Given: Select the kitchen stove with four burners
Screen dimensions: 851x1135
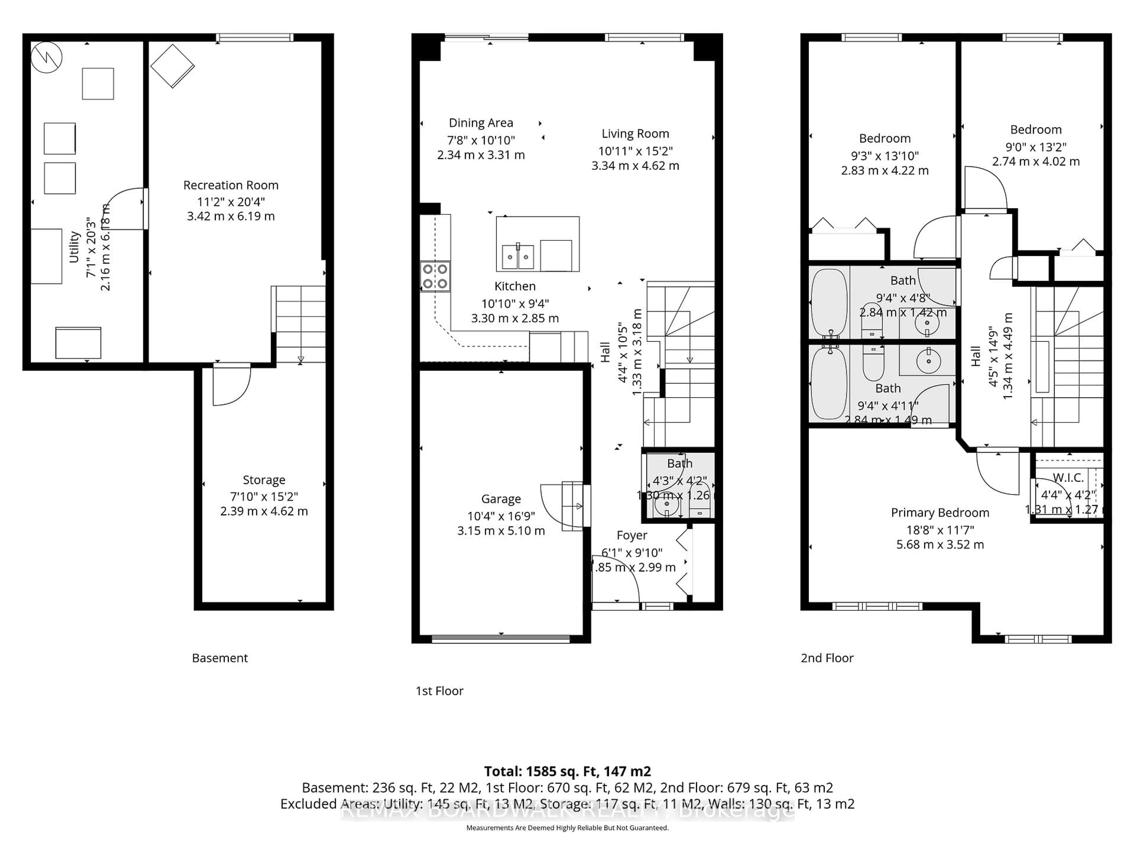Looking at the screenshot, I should click(x=435, y=277).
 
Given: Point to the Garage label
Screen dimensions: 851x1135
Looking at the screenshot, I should click(x=501, y=498).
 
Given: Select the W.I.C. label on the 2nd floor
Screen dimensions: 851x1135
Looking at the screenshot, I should click(x=1068, y=478).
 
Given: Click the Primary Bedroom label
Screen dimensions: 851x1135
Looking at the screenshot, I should click(x=940, y=512).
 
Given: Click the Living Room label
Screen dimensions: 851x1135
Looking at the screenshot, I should click(x=635, y=134).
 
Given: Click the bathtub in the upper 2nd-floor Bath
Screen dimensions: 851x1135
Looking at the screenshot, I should click(x=829, y=303).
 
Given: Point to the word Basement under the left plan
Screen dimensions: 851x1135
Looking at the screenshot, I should click(x=220, y=658).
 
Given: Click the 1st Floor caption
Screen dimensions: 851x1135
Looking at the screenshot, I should click(x=439, y=691).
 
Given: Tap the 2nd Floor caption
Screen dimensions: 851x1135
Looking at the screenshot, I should click(x=827, y=658).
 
